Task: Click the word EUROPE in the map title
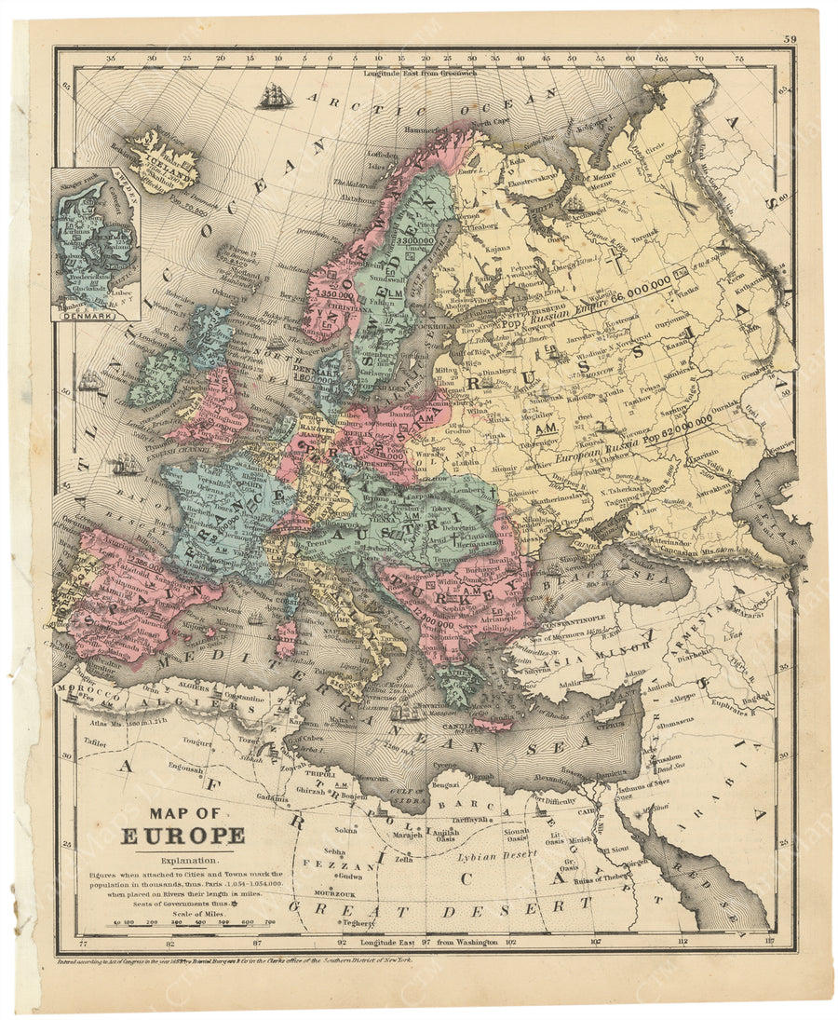pos(182,835)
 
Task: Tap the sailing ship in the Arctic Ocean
pos(274,95)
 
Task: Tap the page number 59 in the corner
pos(790,38)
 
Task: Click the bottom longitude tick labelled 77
pos(84,943)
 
